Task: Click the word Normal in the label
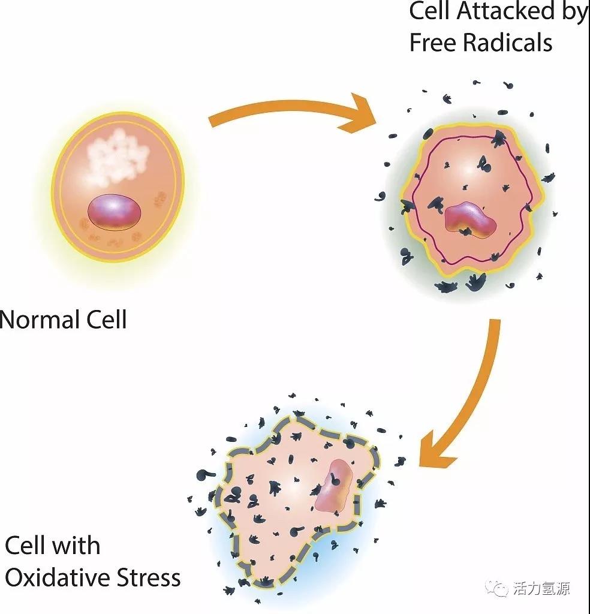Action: click(39, 319)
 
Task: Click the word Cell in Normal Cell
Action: click(106, 319)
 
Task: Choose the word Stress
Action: click(149, 577)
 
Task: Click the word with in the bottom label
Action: click(76, 546)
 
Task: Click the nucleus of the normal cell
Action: click(115, 212)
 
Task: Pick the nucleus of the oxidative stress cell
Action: click(333, 486)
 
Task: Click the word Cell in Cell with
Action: click(26, 546)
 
